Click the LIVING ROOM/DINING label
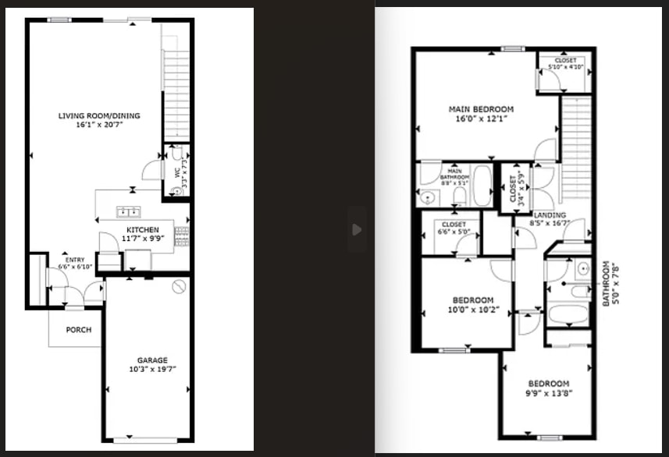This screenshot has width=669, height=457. click(98, 116)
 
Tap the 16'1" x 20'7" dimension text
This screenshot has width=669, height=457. click(98, 125)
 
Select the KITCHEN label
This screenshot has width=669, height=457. click(143, 230)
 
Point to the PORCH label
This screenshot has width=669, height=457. click(78, 330)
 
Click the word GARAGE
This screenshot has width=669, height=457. click(152, 360)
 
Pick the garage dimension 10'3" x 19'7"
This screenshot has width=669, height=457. click(152, 369)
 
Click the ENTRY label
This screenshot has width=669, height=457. click(75, 260)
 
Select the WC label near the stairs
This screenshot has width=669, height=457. click(177, 172)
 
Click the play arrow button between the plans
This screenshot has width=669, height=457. click(357, 229)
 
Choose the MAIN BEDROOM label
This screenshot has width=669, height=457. click(481, 108)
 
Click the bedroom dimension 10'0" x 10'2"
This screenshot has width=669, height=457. click(472, 309)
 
